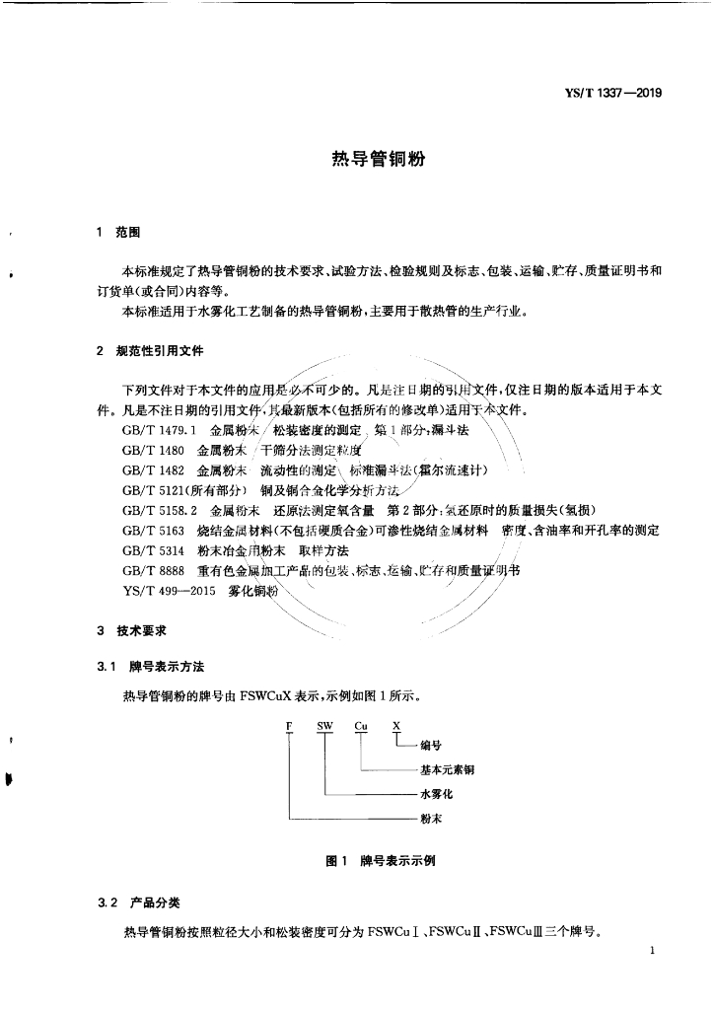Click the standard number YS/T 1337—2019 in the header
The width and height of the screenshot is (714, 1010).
coord(612,94)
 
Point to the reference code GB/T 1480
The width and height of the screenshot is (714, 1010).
coord(153,450)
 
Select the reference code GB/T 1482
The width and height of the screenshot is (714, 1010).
coord(153,469)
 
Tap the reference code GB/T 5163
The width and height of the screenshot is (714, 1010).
coord(153,531)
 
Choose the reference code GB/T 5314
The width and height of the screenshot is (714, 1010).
coord(153,550)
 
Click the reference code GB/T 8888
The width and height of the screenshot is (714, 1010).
coord(153,571)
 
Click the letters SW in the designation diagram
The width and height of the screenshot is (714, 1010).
coord(324,727)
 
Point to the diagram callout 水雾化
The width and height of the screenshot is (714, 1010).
coord(435,793)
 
